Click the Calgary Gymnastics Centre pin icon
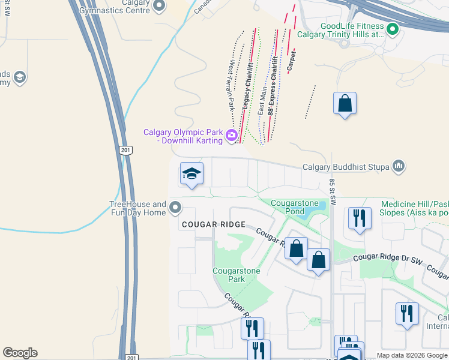point(159,7)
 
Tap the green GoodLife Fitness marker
point(393,28)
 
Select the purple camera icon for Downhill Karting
point(232,136)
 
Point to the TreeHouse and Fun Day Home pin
point(175,208)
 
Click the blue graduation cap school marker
point(191,175)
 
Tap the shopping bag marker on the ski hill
point(345,103)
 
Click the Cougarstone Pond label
point(295,207)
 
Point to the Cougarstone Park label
point(237,275)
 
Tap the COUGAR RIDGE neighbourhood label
point(213,224)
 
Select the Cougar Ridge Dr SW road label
point(384,257)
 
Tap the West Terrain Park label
point(231,85)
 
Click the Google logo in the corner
point(20,353)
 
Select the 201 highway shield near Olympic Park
point(125,149)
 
